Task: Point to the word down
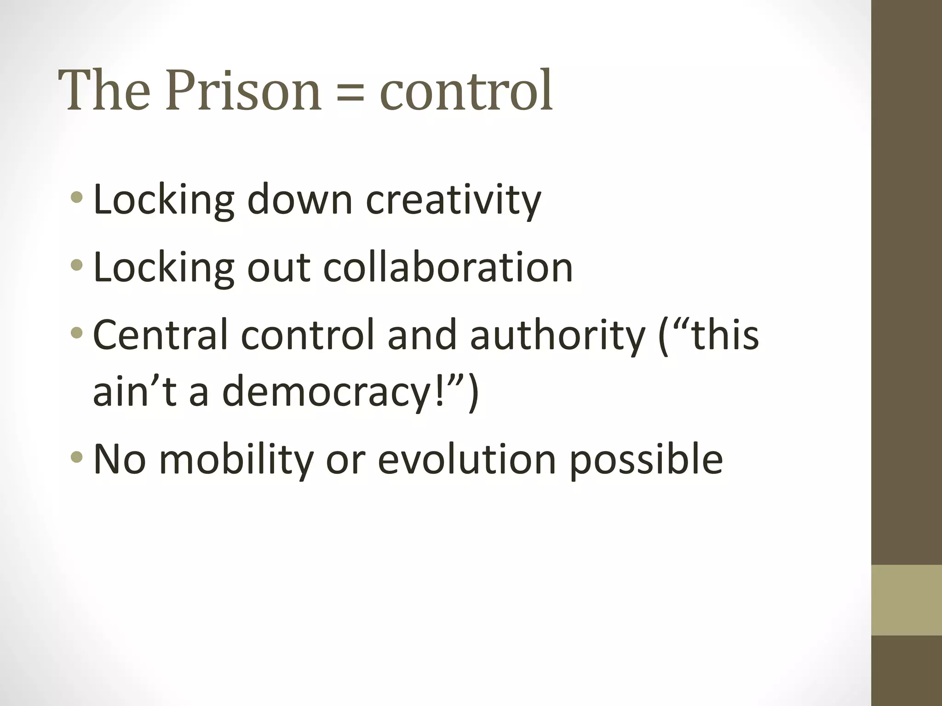pos(299,199)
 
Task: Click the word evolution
pos(466,459)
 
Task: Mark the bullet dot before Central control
pos(77,332)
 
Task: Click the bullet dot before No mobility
pos(77,457)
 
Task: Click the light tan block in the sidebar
pos(906,600)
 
